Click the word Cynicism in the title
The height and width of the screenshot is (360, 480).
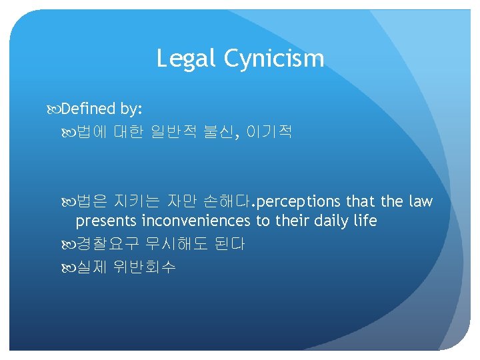[274, 59]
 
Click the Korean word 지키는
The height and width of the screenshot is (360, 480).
[141, 201]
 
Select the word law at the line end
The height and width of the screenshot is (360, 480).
[419, 201]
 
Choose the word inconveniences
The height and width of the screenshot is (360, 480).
[196, 221]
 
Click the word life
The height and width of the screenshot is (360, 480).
[365, 221]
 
